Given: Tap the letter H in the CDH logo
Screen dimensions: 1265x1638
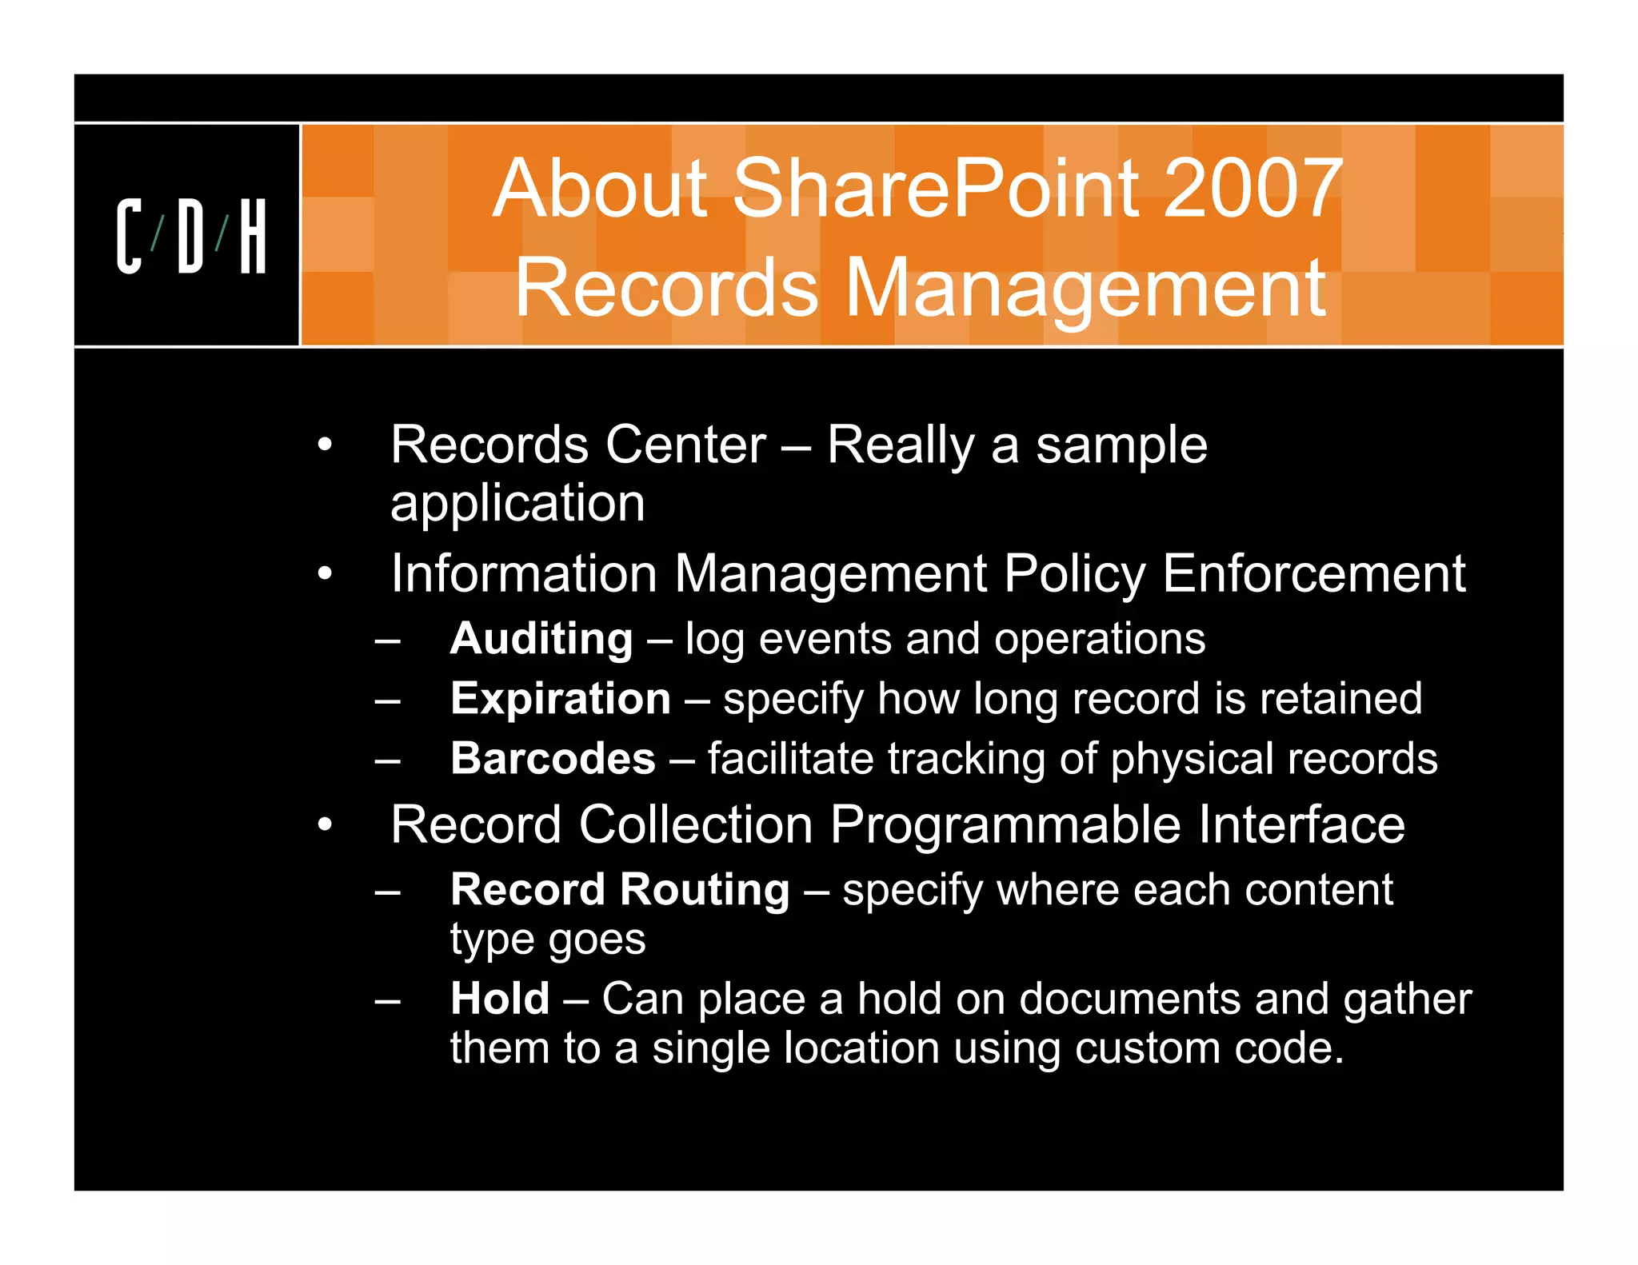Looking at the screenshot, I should click(x=253, y=236).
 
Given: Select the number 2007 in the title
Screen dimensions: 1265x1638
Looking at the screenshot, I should click(x=1252, y=189).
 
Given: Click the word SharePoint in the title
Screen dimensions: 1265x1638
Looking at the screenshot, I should click(x=936, y=189).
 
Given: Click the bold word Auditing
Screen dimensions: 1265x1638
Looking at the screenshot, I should click(x=541, y=639).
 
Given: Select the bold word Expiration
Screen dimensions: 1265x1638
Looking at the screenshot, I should click(x=560, y=699).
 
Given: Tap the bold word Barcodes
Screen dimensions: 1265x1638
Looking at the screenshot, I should click(x=553, y=759).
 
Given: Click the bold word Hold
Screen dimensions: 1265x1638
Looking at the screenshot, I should click(x=500, y=999).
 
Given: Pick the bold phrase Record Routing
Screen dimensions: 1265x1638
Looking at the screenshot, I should click(x=620, y=890).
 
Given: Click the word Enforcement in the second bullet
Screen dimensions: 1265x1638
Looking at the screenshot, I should click(x=1313, y=574).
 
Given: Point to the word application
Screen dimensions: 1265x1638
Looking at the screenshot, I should click(x=517, y=504).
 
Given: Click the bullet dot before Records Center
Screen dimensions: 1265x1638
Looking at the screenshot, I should click(x=324, y=445).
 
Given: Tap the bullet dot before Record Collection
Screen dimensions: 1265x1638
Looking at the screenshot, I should click(x=324, y=824).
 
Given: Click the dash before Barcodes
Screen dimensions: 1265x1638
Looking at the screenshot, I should click(x=388, y=760).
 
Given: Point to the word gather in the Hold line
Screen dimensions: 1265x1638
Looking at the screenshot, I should click(x=1407, y=1000).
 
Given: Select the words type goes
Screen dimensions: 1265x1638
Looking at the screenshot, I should click(x=547, y=940).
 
